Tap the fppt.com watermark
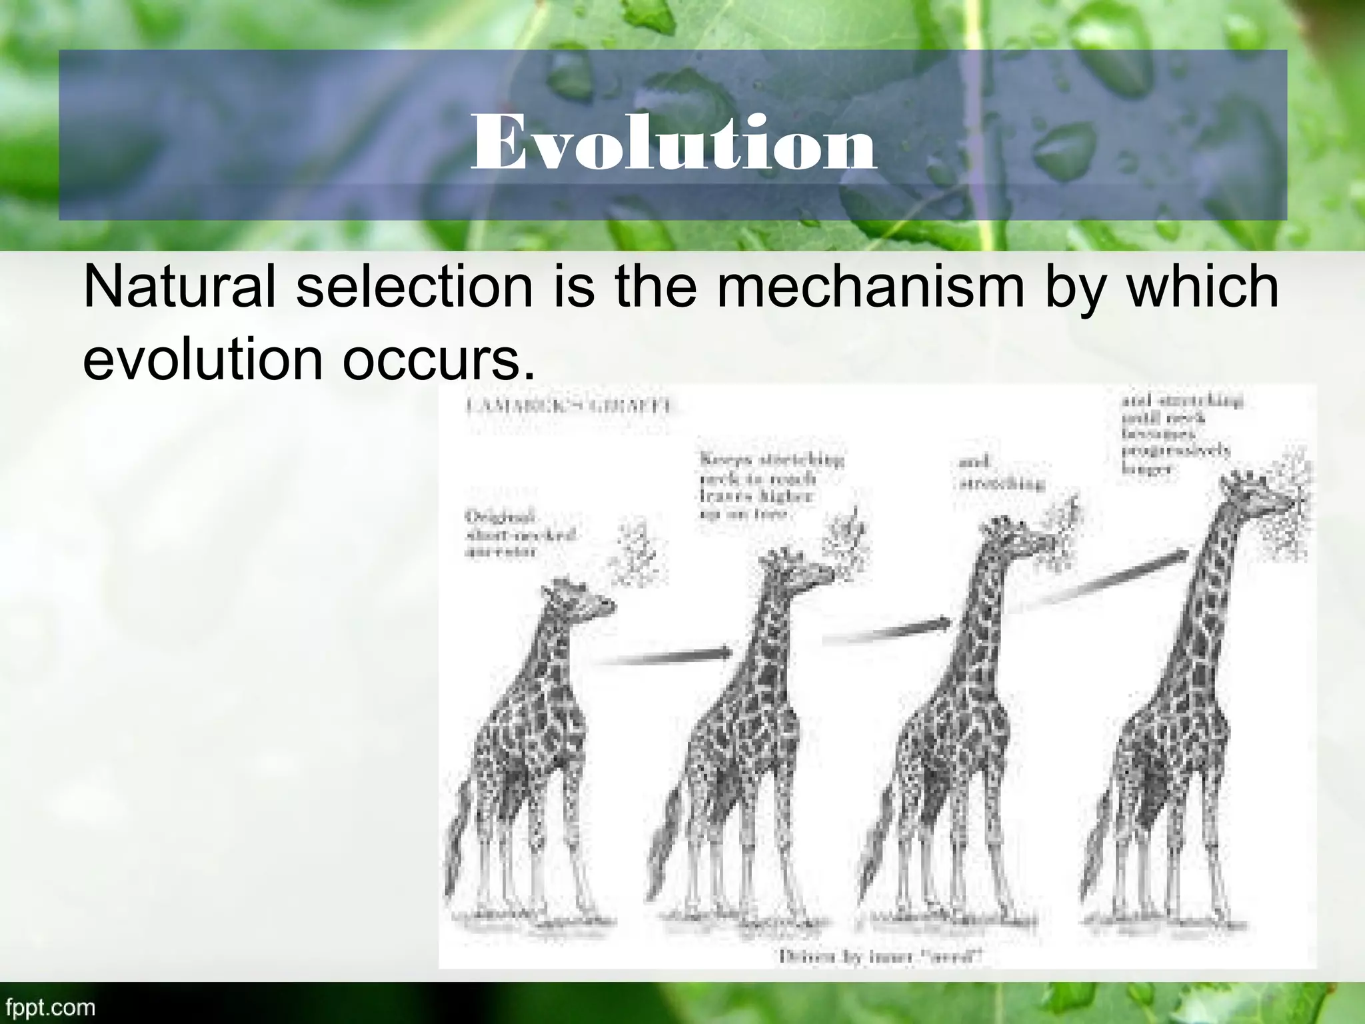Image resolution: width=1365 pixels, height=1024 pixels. (49, 1007)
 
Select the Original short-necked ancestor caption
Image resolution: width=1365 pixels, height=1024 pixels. (520, 534)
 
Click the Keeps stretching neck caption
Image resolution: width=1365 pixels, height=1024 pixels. (770, 486)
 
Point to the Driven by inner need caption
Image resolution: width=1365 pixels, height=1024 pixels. (880, 957)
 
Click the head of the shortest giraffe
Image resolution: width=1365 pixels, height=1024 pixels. (580, 597)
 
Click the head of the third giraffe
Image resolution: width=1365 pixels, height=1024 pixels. (1013, 533)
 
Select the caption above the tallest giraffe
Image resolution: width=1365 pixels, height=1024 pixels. (1180, 433)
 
